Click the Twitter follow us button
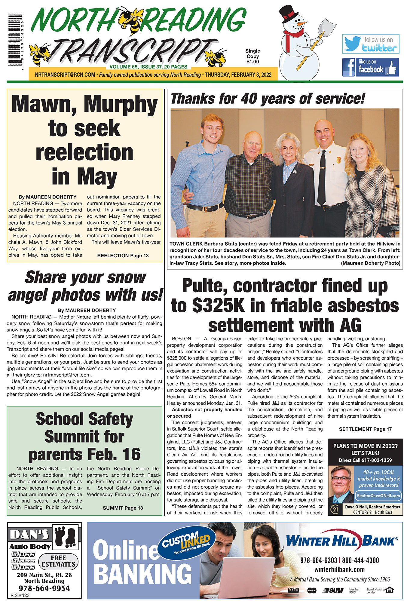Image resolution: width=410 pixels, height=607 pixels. (x=370, y=44)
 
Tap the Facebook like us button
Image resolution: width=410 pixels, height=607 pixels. (x=370, y=67)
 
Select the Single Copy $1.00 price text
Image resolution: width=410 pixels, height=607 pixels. (x=252, y=56)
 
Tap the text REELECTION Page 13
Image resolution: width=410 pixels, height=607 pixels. (x=123, y=256)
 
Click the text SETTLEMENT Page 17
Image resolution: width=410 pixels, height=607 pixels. (x=365, y=429)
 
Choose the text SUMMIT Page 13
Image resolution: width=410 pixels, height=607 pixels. (x=123, y=508)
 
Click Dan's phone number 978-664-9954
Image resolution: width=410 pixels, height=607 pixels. (x=44, y=588)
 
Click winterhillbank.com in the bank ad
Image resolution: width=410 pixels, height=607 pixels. (x=339, y=570)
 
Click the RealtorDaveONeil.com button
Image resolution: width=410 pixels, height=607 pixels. (x=378, y=495)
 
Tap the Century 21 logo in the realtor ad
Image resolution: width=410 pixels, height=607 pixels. (x=335, y=509)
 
